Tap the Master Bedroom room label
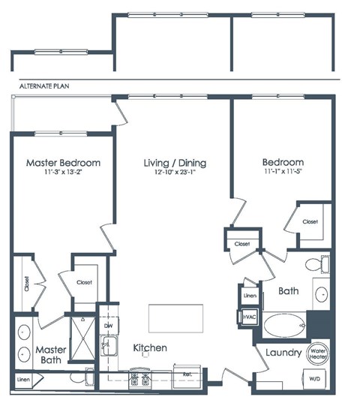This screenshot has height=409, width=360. pos(63,162)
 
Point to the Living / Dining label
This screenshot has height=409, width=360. pos(175,162)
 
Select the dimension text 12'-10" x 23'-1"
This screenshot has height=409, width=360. pos(175,173)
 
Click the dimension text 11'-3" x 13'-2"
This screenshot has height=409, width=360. pos(63,173)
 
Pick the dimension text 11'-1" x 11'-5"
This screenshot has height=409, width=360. pos(283,173)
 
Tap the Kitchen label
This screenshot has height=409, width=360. pos(150,348)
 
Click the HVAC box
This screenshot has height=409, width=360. pos(249,318)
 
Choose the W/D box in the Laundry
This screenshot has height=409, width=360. pos(317,379)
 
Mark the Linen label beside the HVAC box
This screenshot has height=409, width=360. pos(250,296)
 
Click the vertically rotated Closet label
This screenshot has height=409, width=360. pos(26,284)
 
